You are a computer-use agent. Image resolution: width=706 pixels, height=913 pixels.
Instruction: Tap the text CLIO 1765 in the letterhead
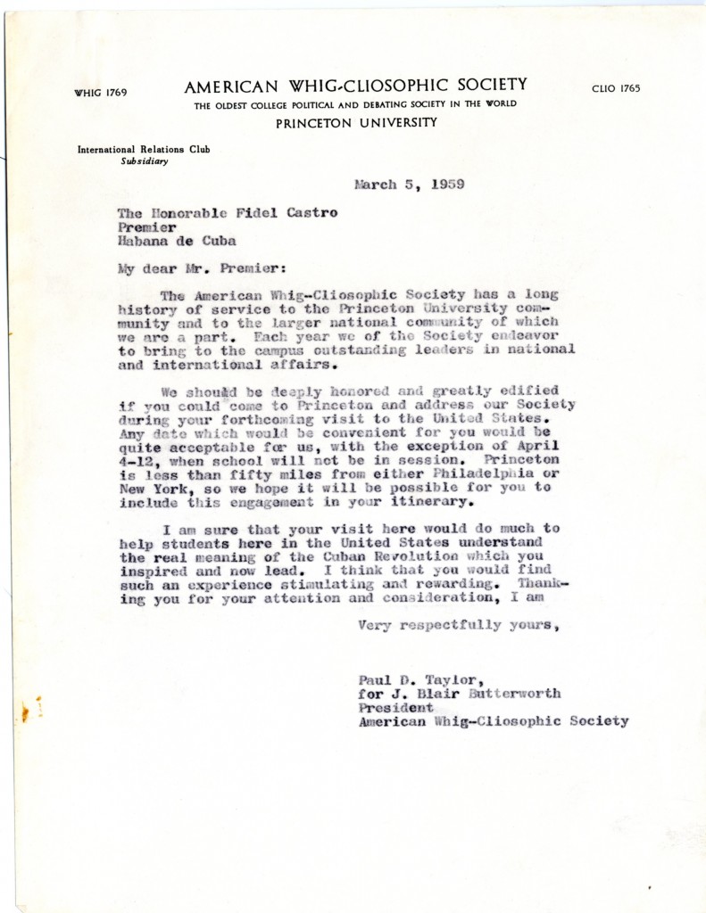click(616, 88)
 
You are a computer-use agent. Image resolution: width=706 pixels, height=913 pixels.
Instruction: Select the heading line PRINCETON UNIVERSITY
click(356, 123)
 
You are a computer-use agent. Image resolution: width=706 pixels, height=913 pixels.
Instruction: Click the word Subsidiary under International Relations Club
click(145, 161)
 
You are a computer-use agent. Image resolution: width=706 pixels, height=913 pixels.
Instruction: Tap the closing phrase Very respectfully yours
click(458, 625)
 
